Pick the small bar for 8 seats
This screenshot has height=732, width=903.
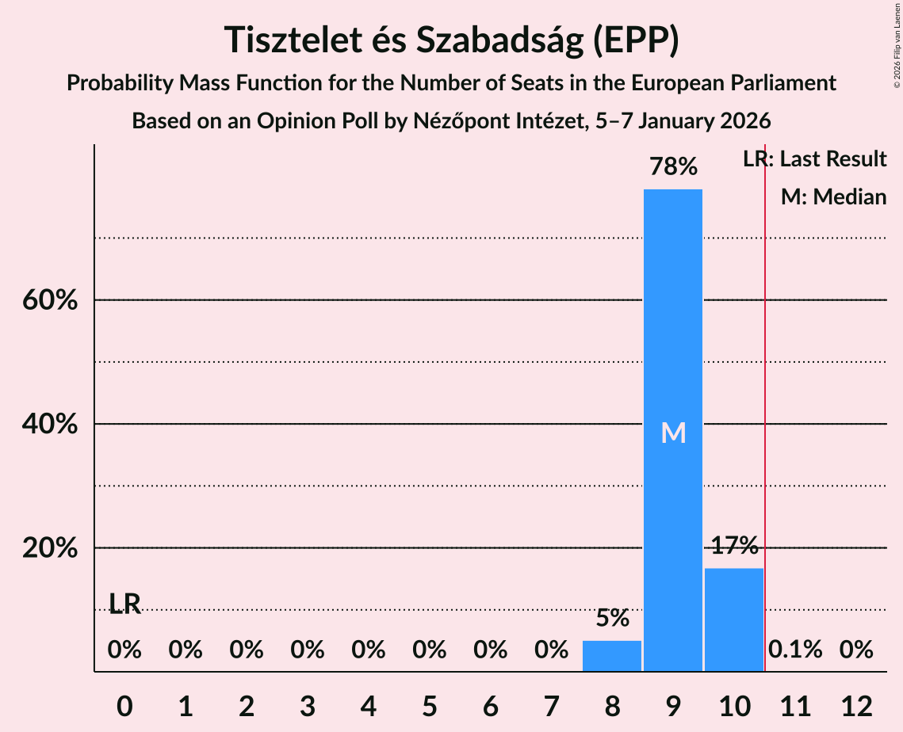[x=611, y=656]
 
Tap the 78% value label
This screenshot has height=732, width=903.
[x=672, y=167]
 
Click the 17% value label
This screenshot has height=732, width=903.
[x=733, y=546]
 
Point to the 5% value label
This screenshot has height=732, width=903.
[x=611, y=618]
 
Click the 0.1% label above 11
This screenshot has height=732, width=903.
[x=795, y=650]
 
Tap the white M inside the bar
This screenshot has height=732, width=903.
[x=673, y=433]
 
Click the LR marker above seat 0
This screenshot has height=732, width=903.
[x=124, y=604]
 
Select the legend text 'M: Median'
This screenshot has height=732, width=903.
[x=833, y=196]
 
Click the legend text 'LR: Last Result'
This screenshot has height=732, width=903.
[x=814, y=159]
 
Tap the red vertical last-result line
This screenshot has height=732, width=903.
[x=765, y=396]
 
